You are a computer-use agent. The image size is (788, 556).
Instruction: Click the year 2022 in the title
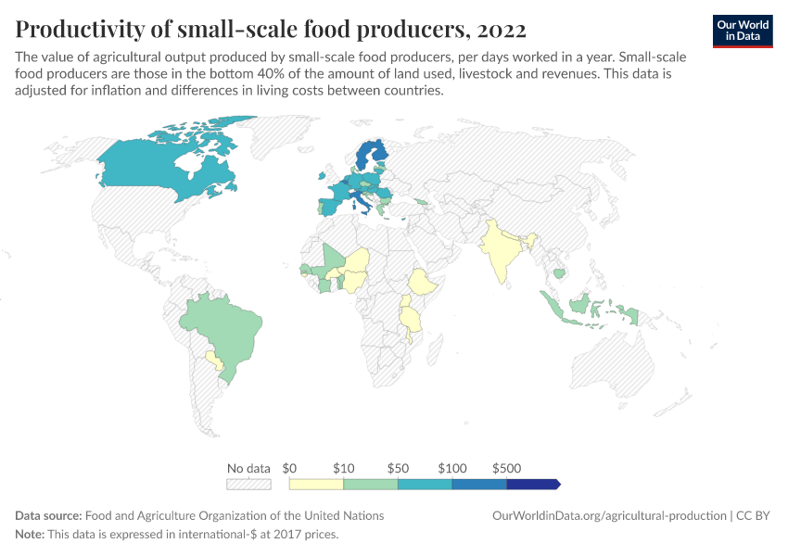click(501, 30)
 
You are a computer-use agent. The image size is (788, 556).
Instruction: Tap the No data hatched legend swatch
click(248, 484)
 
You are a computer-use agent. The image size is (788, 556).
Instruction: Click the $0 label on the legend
click(289, 468)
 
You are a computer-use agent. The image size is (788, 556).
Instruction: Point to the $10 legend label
click(343, 468)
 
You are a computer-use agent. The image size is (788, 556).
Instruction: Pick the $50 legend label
click(398, 468)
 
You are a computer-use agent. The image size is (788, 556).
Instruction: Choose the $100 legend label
click(452, 468)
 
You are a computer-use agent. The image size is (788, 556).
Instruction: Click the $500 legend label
click(506, 468)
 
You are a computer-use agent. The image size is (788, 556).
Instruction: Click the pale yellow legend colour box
click(316, 484)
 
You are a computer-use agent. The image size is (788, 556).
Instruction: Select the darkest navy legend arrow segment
click(533, 484)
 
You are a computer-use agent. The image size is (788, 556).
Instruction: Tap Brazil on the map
click(218, 329)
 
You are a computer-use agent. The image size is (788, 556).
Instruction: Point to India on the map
click(501, 255)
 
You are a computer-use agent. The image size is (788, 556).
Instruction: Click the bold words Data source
click(48, 515)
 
